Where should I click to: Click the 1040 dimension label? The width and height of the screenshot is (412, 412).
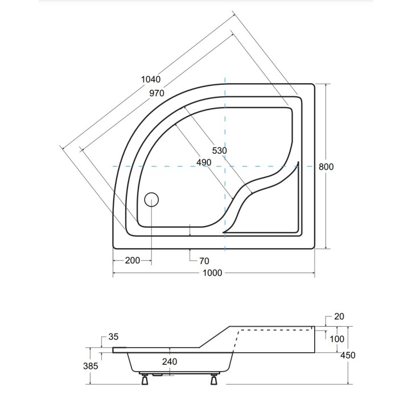(x=151, y=80)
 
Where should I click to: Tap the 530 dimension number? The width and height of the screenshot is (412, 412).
(x=219, y=151)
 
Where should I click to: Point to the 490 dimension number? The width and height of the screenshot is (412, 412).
(x=203, y=162)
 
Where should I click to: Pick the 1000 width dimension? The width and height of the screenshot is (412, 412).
(x=212, y=273)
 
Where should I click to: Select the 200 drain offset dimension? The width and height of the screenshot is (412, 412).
(x=132, y=261)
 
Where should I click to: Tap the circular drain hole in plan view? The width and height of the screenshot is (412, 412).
(x=151, y=199)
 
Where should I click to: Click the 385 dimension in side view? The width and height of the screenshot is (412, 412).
(x=91, y=366)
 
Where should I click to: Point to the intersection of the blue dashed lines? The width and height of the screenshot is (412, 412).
(x=225, y=166)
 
